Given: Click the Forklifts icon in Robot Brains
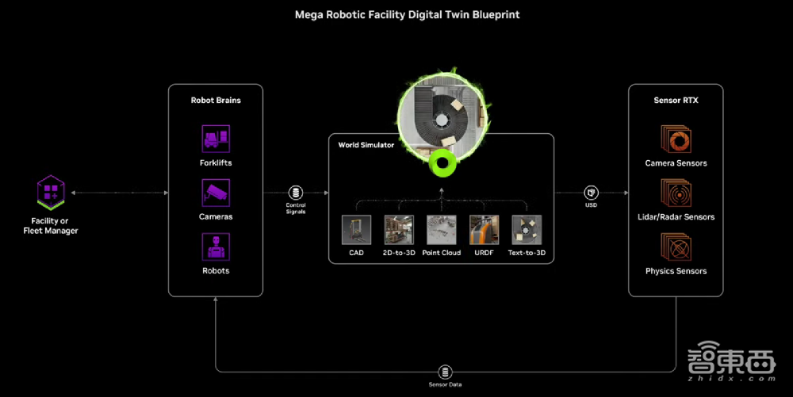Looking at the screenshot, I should tap(215, 139).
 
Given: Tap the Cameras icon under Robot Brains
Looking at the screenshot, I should tap(215, 193).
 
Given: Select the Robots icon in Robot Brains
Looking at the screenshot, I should tap(215, 246).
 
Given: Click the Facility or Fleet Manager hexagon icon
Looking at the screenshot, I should tap(51, 192).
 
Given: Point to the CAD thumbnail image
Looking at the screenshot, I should tap(356, 230).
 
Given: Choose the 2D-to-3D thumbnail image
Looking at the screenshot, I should tap(399, 230).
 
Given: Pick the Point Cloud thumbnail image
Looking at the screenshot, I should tap(442, 230).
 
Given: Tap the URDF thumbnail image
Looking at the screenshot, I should tap(484, 230).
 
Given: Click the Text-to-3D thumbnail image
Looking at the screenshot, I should tap(527, 230).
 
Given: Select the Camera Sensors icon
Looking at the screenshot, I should tap(676, 139).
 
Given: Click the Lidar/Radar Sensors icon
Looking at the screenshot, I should tap(676, 193).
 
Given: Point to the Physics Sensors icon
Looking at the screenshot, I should tap(676, 246).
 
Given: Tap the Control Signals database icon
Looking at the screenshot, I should tap(296, 193).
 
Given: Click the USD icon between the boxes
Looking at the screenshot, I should tap(591, 193).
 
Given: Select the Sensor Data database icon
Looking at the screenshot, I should tap(444, 372).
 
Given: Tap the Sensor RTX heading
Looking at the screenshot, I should tap(676, 101).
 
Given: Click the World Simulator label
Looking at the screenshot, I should tap(366, 145).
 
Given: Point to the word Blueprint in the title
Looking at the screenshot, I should tap(496, 14).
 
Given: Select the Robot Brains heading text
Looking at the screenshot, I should tap(216, 101).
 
